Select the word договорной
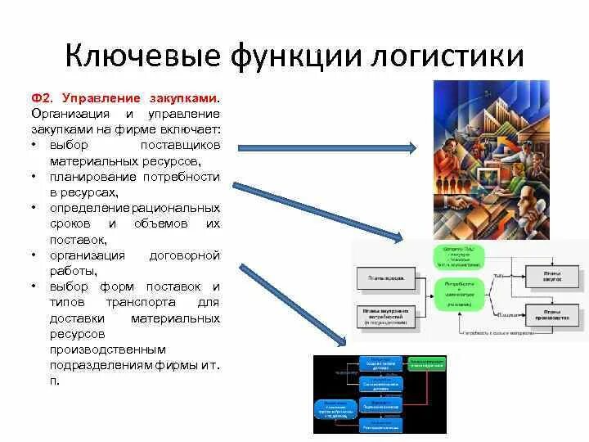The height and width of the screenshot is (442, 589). click(x=185, y=255)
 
